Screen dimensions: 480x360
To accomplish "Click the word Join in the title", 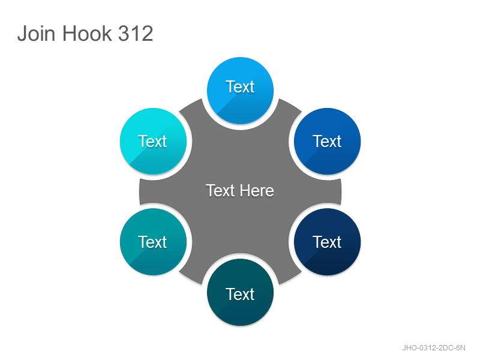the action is [37, 33].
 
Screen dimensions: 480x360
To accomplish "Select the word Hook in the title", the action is [87, 33].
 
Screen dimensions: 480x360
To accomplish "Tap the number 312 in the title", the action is [136, 33].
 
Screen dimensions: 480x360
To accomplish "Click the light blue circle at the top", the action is [241, 91].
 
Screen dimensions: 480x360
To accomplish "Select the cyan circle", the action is [153, 141].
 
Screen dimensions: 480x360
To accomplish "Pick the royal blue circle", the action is [327, 141].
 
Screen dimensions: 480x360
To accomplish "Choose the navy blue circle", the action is [327, 242].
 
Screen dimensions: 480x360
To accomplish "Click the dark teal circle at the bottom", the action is [241, 292].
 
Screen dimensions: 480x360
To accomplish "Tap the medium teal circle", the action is [153, 242].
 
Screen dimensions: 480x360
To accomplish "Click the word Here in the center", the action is [257, 190].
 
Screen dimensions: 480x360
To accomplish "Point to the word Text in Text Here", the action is [220, 190].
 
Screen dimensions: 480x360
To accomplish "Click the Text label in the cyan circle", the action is [152, 142].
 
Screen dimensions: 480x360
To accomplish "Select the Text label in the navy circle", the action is [327, 242].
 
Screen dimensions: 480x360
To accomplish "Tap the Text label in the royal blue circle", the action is [327, 142].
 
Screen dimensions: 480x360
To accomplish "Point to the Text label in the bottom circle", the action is [240, 294].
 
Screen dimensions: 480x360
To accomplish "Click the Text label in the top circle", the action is [240, 86].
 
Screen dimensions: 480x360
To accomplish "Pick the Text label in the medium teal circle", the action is [152, 242].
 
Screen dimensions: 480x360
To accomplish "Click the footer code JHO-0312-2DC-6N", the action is [434, 348].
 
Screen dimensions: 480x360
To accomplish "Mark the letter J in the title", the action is [22, 34].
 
